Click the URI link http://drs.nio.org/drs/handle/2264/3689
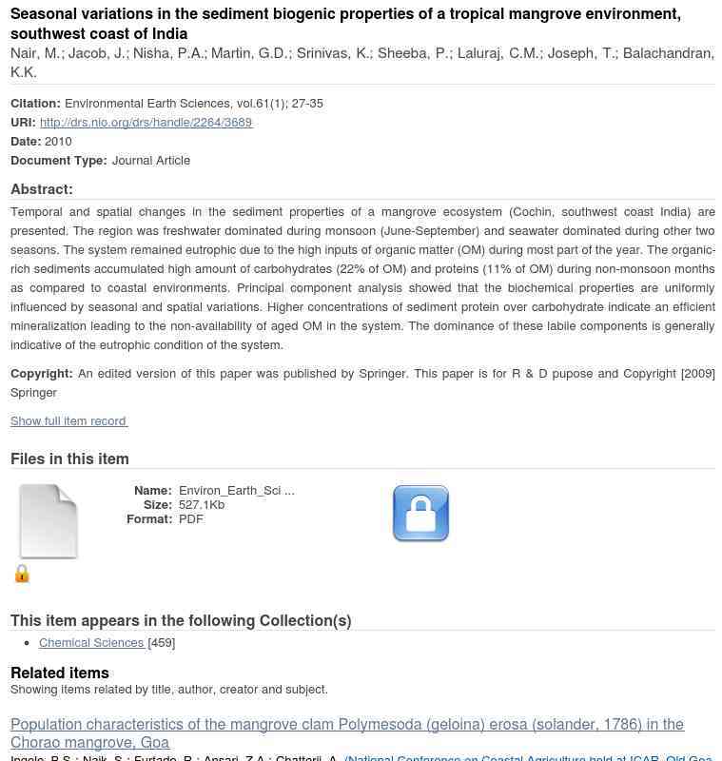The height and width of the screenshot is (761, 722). coord(146,122)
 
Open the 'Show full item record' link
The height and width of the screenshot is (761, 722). coord(68,420)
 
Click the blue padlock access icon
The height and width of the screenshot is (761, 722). coord(420,514)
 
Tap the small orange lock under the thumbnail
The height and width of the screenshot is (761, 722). coord(22,574)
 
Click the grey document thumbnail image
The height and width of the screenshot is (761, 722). coord(49,521)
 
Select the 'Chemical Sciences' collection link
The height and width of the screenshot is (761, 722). coord(91,642)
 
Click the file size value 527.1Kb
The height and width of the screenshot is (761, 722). coord(202,505)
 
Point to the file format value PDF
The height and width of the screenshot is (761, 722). coord(190,519)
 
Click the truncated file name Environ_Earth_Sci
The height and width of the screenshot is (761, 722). coord(236,491)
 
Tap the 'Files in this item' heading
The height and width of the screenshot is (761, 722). coord(69,459)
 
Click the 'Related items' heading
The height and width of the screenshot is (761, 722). coord(60,673)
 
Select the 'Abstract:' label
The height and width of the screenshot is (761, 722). coord(42,189)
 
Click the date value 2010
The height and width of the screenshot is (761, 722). coord(58,141)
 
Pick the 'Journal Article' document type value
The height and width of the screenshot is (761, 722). coord(151,160)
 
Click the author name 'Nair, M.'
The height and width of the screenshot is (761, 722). coord(35,53)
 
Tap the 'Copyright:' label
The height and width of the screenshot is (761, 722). coord(42,373)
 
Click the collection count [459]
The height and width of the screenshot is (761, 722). coord(162,642)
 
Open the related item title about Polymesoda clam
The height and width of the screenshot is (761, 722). coord(346,733)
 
